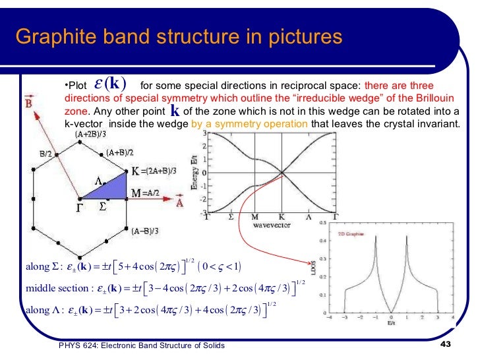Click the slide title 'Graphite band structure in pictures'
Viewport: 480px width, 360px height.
(179, 36)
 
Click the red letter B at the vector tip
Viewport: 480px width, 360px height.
(29, 104)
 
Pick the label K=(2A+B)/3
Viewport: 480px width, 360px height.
(154, 171)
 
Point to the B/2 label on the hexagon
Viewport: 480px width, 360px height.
(45, 154)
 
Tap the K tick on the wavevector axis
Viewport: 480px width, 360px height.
(282, 217)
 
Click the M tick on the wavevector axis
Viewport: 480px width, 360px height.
(255, 217)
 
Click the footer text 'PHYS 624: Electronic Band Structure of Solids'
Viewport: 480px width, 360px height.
(142, 345)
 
